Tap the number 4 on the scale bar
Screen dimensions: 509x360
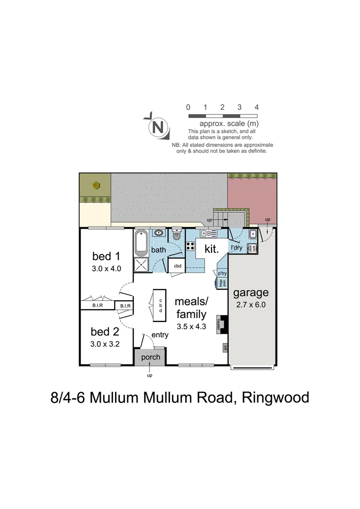(x=256, y=107)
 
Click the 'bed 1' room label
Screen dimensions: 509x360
(x=106, y=256)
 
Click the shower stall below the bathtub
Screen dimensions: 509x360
(x=141, y=265)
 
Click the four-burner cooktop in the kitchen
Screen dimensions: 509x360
(x=191, y=246)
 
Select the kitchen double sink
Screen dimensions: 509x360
(x=208, y=233)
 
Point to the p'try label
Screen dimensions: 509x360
(x=221, y=273)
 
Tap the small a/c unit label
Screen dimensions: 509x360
(x=225, y=348)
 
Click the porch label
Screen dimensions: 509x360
(x=151, y=357)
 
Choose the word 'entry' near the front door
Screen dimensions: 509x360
(x=160, y=335)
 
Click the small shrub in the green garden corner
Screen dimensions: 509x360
(x=96, y=185)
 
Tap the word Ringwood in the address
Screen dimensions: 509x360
(x=275, y=397)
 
